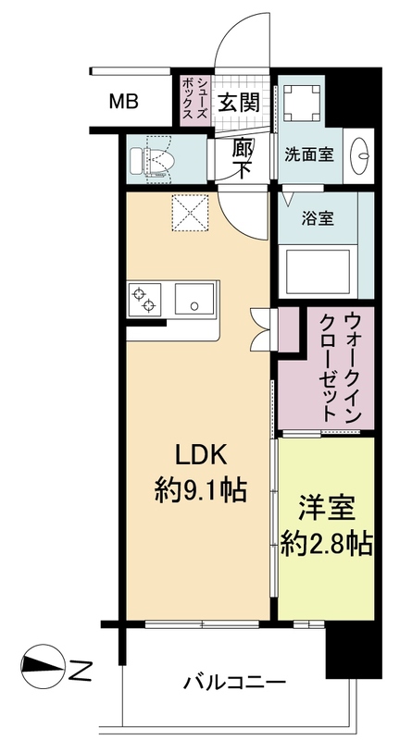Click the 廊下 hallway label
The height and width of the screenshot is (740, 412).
(x=241, y=156)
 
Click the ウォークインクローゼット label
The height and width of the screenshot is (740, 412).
(x=339, y=367)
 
